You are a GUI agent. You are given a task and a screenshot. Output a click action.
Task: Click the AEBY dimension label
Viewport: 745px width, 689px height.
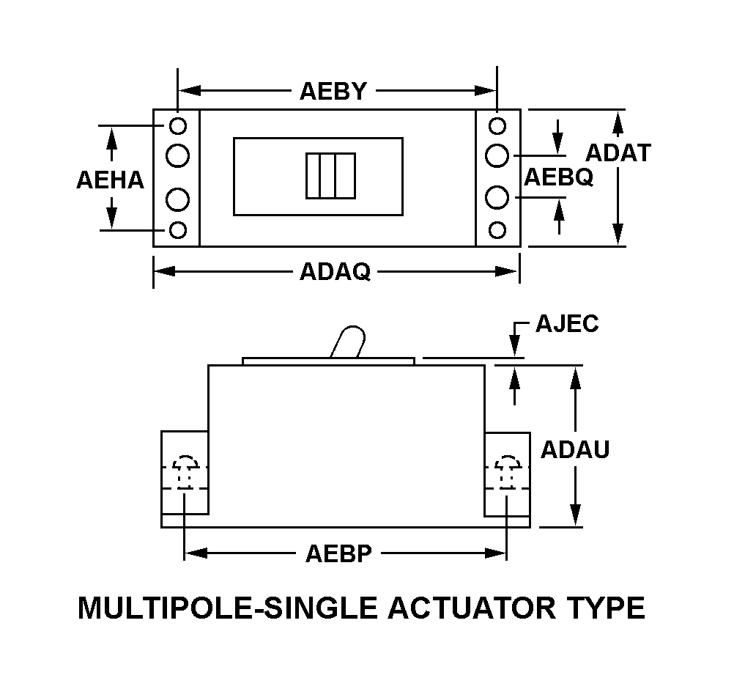333,92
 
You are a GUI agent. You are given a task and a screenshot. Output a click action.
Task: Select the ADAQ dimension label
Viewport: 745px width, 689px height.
335,272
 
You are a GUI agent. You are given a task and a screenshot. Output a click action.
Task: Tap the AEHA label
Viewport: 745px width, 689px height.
111,180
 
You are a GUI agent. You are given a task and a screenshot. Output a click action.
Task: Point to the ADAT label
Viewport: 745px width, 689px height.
618,152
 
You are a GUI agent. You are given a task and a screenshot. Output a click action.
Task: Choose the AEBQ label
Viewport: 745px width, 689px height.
558,177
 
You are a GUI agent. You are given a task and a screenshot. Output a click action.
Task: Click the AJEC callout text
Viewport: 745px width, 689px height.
567,323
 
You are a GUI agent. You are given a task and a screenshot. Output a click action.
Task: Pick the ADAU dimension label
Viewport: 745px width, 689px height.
575,449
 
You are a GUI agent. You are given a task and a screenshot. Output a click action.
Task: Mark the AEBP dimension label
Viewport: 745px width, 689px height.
338,553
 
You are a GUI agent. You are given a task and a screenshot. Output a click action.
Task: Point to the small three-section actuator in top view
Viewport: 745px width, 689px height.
330,176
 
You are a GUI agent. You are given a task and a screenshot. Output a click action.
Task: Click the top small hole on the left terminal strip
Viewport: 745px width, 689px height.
178,126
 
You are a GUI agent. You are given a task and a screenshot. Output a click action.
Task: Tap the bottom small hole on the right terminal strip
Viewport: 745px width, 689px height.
497,230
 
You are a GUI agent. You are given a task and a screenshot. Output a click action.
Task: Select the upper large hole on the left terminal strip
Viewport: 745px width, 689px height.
178,155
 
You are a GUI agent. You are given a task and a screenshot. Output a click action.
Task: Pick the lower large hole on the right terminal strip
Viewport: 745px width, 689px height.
497,198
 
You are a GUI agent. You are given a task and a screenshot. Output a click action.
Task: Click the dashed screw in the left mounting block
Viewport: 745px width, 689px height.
184,470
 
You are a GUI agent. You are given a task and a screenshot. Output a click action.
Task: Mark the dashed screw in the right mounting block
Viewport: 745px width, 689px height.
506,470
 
